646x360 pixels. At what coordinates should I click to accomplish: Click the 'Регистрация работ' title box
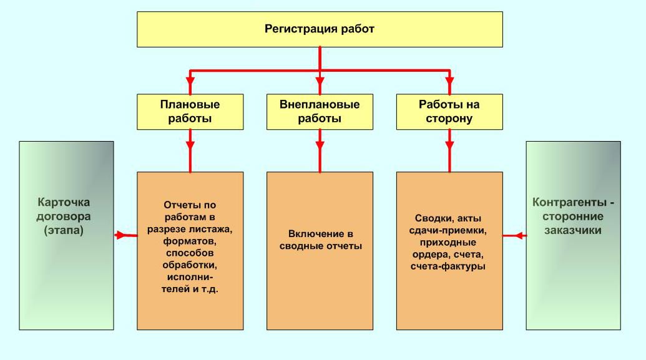tap(320, 29)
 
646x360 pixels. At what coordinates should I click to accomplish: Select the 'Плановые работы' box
tap(190, 112)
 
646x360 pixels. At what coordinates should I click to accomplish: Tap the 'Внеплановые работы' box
tap(320, 112)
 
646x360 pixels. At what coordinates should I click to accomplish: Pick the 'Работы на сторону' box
tap(449, 112)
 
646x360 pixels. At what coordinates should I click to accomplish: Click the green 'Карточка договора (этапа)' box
tap(66, 236)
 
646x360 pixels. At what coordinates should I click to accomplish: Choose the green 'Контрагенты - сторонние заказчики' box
tap(573, 236)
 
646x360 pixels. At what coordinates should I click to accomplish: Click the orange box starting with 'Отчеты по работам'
tap(190, 251)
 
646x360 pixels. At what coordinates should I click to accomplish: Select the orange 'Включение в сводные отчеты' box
tap(320, 251)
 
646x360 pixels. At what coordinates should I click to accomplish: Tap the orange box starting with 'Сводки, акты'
tap(449, 251)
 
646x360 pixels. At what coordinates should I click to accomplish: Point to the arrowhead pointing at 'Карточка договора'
tap(119, 235)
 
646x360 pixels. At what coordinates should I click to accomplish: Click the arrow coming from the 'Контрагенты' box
tap(514, 236)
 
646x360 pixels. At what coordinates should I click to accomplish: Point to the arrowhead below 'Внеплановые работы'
tap(320, 145)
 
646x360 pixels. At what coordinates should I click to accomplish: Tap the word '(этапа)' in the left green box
tap(64, 230)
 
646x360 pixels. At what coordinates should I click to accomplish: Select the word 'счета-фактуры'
tap(448, 266)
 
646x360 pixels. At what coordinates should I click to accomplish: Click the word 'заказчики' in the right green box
tap(573, 230)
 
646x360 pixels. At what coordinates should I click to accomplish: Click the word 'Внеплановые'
tap(320, 105)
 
